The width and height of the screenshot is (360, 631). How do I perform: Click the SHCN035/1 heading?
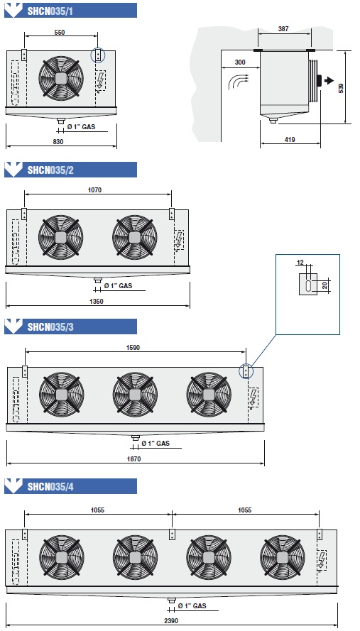[50, 11]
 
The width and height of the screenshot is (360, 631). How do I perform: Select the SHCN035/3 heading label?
[50, 327]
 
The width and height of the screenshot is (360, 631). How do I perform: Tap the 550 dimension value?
[59, 32]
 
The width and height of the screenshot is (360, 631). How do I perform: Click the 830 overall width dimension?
[58, 141]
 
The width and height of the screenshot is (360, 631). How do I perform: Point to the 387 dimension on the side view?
[283, 29]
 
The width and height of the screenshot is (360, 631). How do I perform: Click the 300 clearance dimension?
[240, 62]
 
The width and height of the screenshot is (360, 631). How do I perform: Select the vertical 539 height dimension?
[342, 89]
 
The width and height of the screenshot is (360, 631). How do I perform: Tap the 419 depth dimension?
[290, 140]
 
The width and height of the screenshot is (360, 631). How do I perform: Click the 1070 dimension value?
[96, 191]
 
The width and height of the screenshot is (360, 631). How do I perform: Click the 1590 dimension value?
[133, 348]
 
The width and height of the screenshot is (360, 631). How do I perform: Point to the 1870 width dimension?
[134, 459]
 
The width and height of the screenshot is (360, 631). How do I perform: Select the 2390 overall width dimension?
[171, 620]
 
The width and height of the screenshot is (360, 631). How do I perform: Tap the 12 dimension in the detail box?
[300, 263]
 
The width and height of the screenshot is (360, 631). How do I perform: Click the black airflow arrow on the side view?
[329, 80]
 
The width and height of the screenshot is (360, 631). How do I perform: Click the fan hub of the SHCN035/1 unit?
[61, 77]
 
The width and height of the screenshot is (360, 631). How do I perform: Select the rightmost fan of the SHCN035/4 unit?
[283, 557]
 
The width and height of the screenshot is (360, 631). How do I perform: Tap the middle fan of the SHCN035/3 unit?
[135, 395]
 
